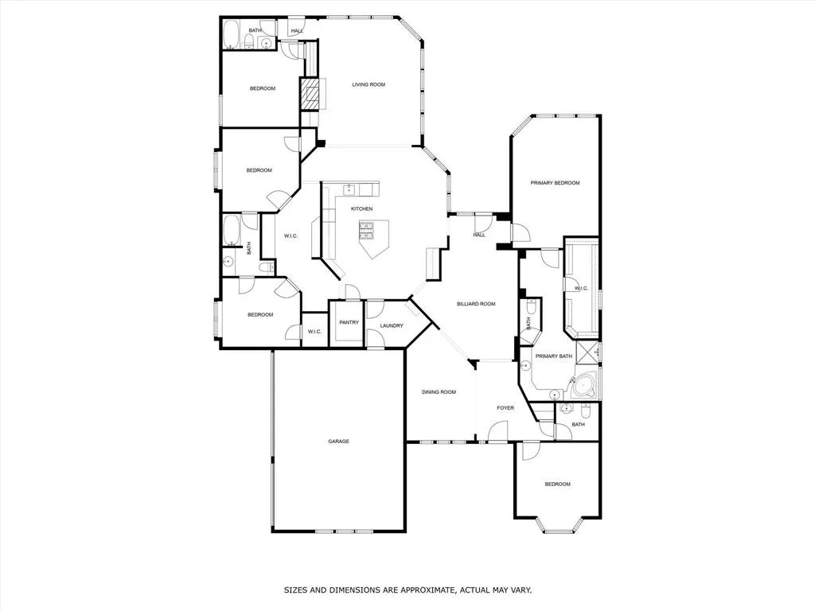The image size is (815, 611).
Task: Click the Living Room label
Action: pyautogui.click(x=369, y=84)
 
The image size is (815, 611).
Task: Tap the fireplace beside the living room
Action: pyautogui.click(x=313, y=94)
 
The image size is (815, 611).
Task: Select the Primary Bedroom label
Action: pyautogui.click(x=555, y=183)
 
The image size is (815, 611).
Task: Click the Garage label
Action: pyautogui.click(x=338, y=442)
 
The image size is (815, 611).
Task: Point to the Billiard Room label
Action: pyautogui.click(x=476, y=304)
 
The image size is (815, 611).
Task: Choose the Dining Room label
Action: pyautogui.click(x=439, y=392)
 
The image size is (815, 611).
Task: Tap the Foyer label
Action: pyautogui.click(x=505, y=408)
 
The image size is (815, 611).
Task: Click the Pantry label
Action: pyautogui.click(x=349, y=322)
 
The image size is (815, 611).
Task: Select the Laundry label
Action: pyautogui.click(x=392, y=325)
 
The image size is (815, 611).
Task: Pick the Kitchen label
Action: pyautogui.click(x=362, y=208)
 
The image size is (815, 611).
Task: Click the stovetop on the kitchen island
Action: pyautogui.click(x=367, y=231)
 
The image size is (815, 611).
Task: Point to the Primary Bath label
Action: pyautogui.click(x=553, y=356)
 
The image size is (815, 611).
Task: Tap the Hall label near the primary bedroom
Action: pyautogui.click(x=479, y=235)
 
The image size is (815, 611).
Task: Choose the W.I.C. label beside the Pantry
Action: pyautogui.click(x=314, y=331)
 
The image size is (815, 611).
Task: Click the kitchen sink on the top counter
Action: pyautogui.click(x=349, y=189)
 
